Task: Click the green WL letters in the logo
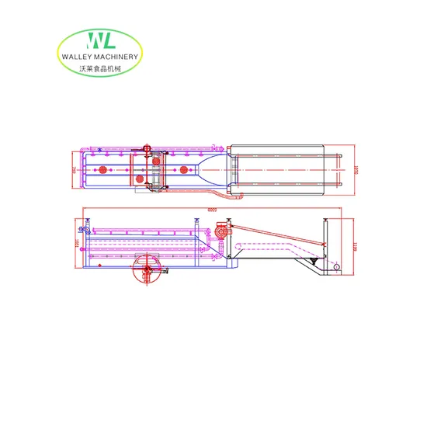(100, 41)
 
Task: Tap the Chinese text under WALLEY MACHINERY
(99, 68)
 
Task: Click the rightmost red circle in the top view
(184, 168)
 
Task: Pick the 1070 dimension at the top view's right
(353, 169)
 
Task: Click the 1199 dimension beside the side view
(352, 248)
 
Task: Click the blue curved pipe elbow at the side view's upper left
(88, 230)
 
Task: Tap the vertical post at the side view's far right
(326, 241)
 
